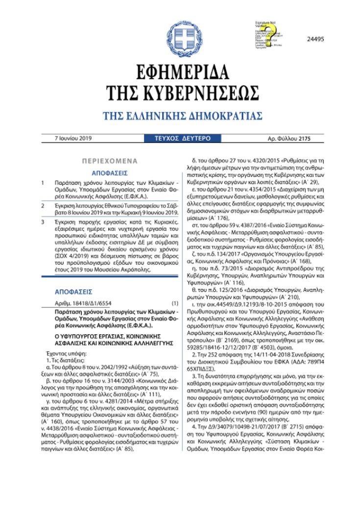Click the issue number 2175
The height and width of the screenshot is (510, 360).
303,139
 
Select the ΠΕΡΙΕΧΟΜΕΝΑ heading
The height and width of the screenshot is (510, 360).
110,161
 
